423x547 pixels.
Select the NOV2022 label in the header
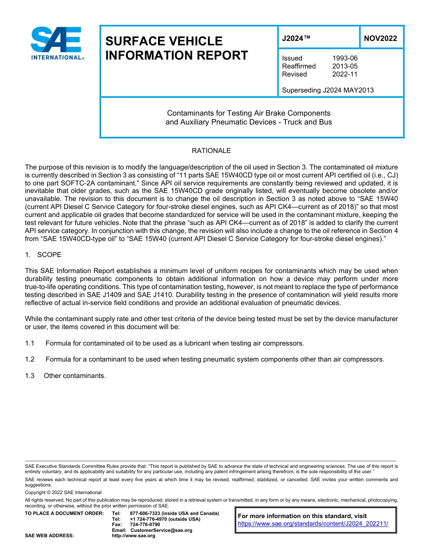click(380, 39)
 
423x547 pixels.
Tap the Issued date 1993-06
click(345, 58)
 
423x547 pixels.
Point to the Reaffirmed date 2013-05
click(345, 66)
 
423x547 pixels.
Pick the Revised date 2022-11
click(345, 74)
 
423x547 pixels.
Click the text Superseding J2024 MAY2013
click(328, 90)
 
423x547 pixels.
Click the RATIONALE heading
click(211, 151)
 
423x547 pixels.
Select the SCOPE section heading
click(49, 255)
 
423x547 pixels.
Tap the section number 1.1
click(30, 343)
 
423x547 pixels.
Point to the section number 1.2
click(30, 359)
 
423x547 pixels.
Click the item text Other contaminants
click(75, 376)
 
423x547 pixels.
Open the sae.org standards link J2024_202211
click(313, 524)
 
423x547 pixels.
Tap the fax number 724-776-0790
click(145, 525)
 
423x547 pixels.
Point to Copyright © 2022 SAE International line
click(63, 493)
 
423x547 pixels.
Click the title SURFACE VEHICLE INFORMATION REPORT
click(176, 48)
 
